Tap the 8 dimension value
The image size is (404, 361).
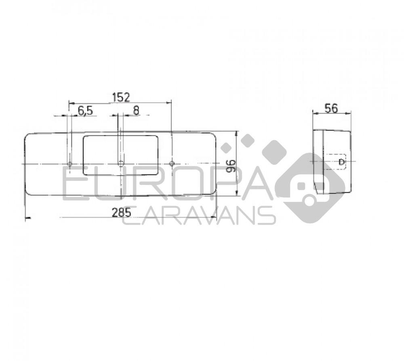click(136, 111)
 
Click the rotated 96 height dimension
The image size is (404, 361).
click(231, 166)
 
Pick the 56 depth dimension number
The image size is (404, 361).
click(331, 108)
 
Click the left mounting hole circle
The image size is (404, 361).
click(69, 164)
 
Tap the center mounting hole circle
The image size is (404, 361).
click(120, 164)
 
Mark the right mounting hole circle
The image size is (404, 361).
click(172, 164)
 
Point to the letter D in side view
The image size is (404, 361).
click(342, 162)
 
